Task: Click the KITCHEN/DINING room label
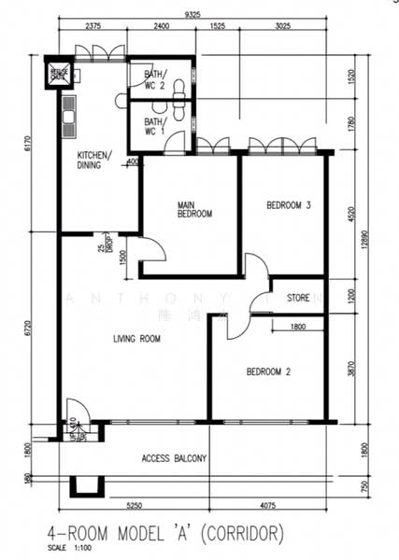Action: point(94,160)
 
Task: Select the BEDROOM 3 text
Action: point(288,205)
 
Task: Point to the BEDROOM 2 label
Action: point(268,372)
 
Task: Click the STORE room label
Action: point(298,300)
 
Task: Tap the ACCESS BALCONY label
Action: point(174,458)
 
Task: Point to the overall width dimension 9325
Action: point(192,15)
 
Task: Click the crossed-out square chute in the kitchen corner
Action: point(59,73)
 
